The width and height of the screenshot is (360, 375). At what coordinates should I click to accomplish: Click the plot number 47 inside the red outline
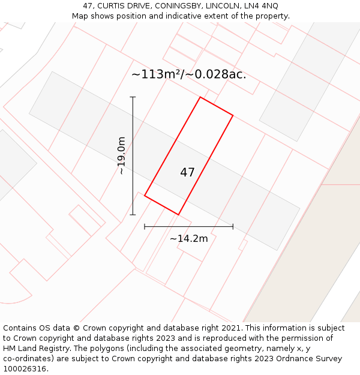coord(187,172)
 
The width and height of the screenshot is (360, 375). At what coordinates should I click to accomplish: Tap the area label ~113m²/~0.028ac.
coord(188,74)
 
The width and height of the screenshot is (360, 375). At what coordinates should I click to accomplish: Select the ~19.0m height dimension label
coord(122,155)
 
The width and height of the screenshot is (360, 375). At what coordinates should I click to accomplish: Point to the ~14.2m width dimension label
coord(188,238)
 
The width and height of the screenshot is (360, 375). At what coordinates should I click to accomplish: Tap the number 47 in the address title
coord(87,6)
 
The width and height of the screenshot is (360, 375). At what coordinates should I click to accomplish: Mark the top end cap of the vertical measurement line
coord(133,97)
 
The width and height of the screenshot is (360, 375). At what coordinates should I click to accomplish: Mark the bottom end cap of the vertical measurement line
coord(133,214)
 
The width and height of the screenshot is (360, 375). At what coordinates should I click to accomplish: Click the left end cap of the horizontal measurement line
coord(145,226)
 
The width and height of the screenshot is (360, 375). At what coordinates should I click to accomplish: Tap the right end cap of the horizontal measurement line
coord(233,226)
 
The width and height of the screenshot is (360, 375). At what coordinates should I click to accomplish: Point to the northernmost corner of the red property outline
coord(200,97)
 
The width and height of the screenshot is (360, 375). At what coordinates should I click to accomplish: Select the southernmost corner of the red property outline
coord(178,214)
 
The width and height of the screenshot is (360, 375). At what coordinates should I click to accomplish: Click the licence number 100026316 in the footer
coord(25,368)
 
